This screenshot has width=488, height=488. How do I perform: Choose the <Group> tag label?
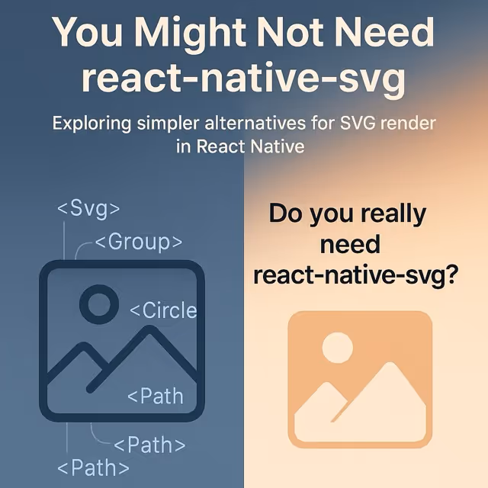(138, 242)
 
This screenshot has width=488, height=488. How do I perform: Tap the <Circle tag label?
(162, 310)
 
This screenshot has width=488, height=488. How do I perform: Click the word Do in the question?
(288, 214)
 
